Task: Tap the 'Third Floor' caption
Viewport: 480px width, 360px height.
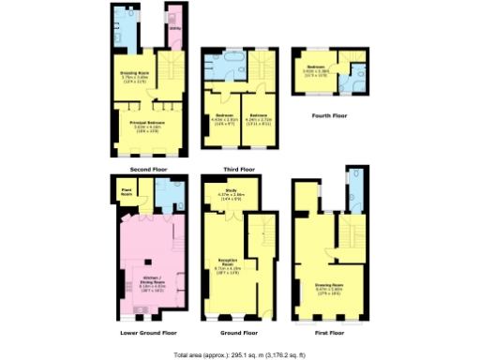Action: pos(234,169)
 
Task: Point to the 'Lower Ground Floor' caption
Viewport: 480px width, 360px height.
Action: pos(147,332)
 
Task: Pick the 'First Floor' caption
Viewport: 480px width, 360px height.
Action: pos(329,332)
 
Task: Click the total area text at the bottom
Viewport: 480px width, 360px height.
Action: pos(240,354)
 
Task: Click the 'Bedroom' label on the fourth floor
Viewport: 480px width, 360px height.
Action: pos(315,67)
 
